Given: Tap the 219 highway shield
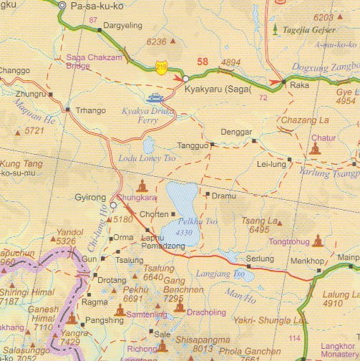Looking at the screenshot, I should (162, 67).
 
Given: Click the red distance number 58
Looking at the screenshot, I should (203, 62).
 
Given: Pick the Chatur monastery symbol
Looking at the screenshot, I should (316, 148).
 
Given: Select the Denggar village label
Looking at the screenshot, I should (235, 133).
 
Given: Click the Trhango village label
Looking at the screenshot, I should (91, 110).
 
